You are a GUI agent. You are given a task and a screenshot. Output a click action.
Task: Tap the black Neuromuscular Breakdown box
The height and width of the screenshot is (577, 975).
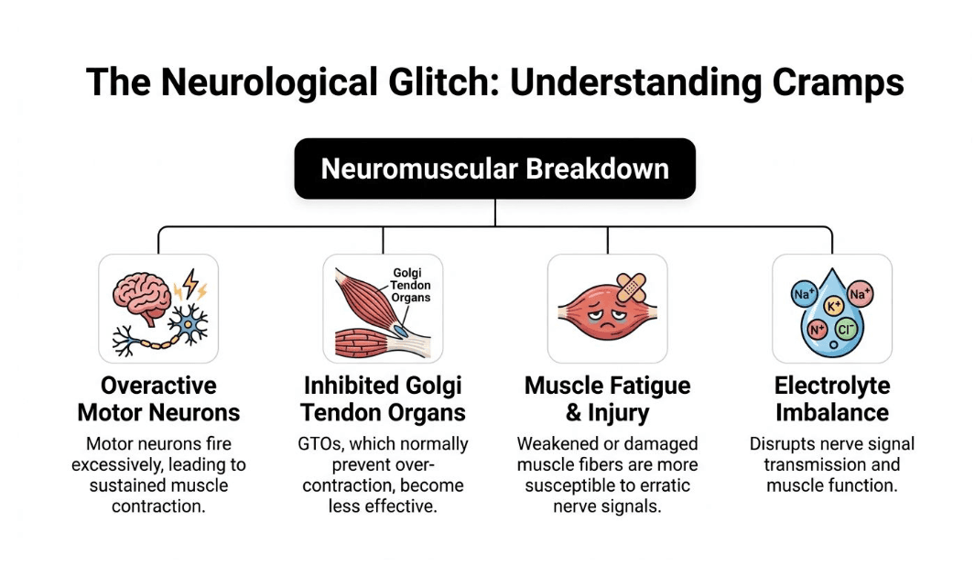click(x=494, y=169)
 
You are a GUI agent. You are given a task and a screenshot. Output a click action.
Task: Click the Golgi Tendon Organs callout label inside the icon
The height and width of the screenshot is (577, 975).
click(x=411, y=285)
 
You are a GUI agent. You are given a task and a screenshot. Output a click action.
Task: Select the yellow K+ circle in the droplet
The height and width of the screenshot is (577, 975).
click(x=833, y=305)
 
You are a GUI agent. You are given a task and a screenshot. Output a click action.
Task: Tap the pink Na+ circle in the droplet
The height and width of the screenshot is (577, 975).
click(x=860, y=294)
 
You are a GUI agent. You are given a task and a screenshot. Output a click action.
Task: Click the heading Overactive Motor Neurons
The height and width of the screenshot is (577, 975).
click(x=158, y=398)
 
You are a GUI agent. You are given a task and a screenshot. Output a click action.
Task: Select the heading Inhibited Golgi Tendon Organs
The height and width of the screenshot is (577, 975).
click(x=383, y=398)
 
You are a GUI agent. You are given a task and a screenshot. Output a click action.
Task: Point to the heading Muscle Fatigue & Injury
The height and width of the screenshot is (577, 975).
click(x=607, y=398)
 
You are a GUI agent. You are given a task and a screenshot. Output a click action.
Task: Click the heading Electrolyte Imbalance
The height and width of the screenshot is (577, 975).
click(x=831, y=398)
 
